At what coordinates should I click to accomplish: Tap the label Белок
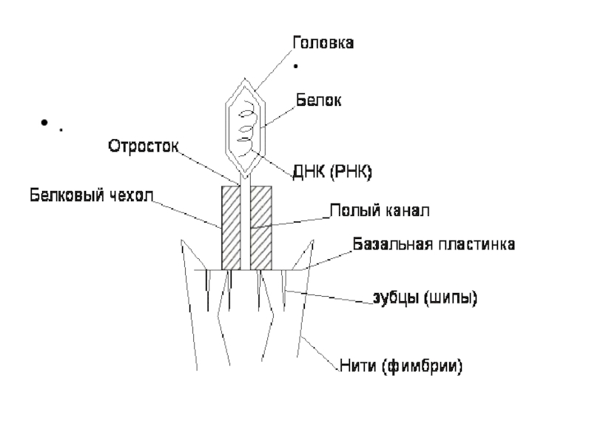tap(318, 99)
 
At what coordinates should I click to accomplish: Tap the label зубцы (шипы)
tap(424, 299)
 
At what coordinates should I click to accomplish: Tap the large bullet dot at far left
tap(45, 123)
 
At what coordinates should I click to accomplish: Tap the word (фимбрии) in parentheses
tap(431, 366)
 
